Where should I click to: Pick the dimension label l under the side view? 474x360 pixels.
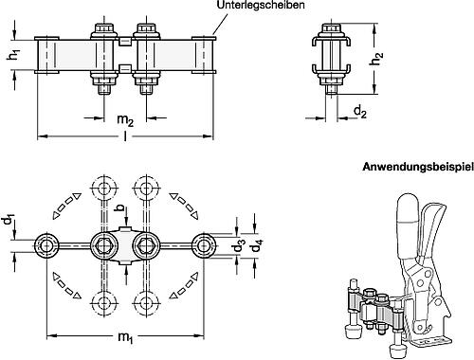click(125, 143)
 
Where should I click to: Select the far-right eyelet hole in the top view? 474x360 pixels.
click(203, 247)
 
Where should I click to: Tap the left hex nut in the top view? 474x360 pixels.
click(104, 247)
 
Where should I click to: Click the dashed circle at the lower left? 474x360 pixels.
click(104, 304)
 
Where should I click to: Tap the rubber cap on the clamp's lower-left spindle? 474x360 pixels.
click(350, 330)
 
